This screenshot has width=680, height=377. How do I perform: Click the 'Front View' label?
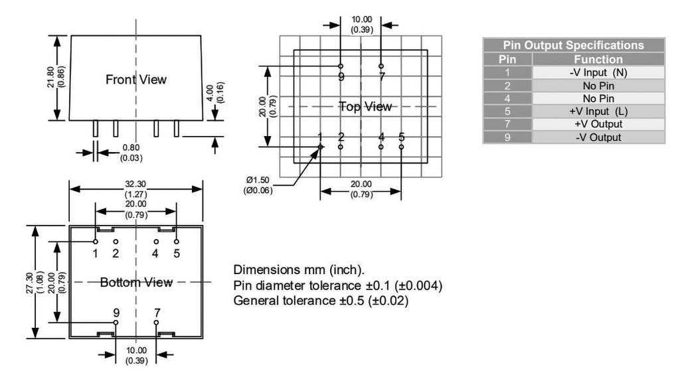(x=136, y=80)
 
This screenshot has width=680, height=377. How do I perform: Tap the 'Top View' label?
(x=366, y=106)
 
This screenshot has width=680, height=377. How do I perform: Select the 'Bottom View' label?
(x=136, y=283)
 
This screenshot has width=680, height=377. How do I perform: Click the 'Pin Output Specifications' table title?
(x=573, y=46)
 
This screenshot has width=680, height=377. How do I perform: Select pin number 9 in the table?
(x=507, y=137)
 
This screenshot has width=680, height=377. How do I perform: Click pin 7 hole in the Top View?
(x=381, y=66)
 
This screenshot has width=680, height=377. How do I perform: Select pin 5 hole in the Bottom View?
(x=177, y=242)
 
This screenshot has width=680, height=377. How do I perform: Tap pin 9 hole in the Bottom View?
(x=116, y=322)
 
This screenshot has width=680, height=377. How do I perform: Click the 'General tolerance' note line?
(x=321, y=301)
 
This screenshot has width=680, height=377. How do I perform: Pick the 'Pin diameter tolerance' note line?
(x=338, y=286)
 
